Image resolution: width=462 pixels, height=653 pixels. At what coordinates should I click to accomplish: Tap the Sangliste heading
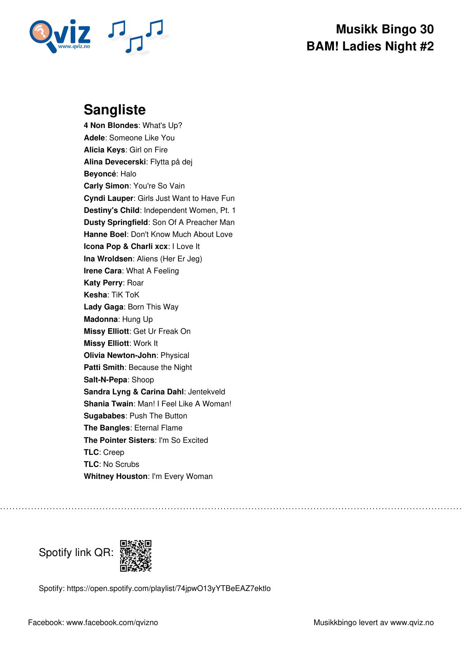coord(114,110)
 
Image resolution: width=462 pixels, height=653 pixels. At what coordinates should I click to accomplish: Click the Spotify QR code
coord(135,556)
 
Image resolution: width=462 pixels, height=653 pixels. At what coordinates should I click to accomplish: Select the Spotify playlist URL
coord(169,588)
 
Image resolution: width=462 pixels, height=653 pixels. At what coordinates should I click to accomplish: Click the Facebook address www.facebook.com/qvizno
coord(112,622)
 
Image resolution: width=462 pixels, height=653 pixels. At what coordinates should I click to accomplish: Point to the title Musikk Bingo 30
coord(384,29)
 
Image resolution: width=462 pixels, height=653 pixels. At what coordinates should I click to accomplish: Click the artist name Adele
coord(94,138)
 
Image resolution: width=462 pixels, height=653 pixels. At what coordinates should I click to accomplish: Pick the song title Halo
coord(128,174)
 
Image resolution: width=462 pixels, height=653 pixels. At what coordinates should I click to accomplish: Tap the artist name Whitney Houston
coord(116,476)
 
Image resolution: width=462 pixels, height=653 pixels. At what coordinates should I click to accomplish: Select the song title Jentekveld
coord(206,392)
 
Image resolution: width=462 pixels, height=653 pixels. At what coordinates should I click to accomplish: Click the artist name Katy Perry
coord(103,283)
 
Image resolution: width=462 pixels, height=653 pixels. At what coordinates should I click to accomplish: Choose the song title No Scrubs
coord(121,464)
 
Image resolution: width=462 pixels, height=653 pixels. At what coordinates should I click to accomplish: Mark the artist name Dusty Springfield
coord(116,222)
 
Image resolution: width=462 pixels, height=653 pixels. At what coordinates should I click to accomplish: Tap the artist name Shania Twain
coord(108,404)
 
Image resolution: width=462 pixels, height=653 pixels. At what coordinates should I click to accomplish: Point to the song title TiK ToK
coord(125,295)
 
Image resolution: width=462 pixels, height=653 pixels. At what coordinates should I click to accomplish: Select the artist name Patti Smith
coord(104,367)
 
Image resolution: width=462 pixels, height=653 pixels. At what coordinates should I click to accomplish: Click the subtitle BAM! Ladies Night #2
coord(370,47)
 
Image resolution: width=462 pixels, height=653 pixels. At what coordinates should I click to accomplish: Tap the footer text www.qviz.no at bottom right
coord(412,622)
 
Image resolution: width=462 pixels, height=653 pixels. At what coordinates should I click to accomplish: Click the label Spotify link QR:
coord(76,552)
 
